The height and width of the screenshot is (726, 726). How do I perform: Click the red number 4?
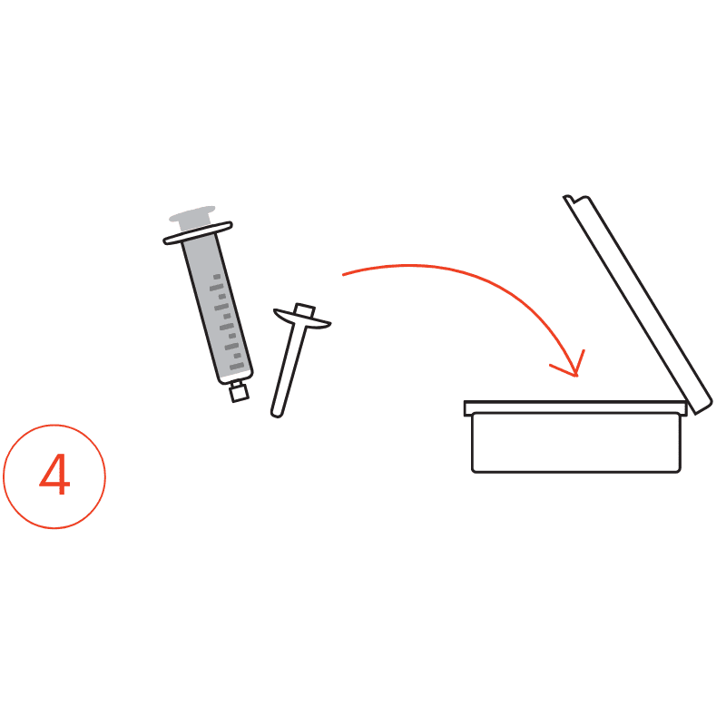[54, 474]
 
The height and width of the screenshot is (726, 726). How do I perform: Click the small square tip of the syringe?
[239, 393]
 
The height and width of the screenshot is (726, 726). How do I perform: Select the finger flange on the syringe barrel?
[198, 232]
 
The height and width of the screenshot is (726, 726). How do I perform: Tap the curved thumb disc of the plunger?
[302, 319]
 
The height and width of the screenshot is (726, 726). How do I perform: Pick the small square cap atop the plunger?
[305, 309]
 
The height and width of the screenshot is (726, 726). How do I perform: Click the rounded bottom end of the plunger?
[277, 413]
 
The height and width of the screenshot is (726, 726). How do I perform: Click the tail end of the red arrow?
[343, 275]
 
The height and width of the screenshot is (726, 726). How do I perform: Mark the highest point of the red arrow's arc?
[410, 265]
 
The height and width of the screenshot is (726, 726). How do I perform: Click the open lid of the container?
[638, 304]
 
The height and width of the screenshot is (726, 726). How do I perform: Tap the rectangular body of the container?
[576, 443]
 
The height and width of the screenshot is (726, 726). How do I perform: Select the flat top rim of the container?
[575, 407]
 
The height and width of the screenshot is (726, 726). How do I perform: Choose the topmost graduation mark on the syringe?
[217, 277]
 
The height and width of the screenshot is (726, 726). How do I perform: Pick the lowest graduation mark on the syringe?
[237, 367]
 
